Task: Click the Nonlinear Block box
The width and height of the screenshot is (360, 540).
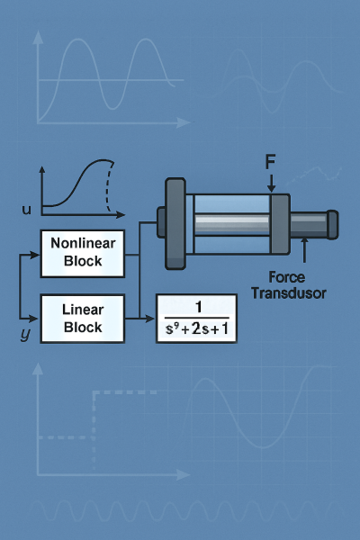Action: click(83, 254)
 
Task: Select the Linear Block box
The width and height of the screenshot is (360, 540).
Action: click(83, 319)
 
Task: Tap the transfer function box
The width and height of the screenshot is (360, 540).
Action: click(197, 319)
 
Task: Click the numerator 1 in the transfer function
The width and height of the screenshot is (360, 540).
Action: click(198, 307)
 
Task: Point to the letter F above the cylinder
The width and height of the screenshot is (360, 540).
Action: click(270, 161)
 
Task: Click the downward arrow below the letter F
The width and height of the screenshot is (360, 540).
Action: click(271, 184)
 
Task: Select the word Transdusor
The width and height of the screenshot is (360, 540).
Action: click(289, 293)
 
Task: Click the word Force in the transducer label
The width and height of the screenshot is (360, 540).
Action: click(286, 277)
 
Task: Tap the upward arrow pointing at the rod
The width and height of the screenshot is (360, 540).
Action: click(304, 249)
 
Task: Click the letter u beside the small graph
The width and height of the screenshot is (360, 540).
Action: click(26, 210)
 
